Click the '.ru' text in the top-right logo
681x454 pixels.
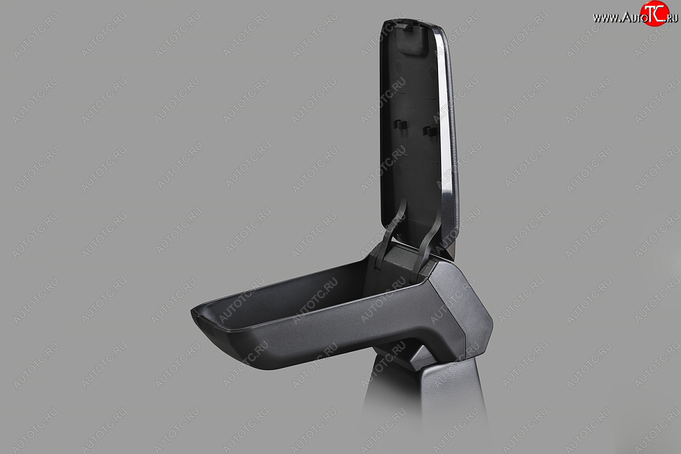point(672,18)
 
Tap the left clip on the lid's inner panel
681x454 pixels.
point(400,124)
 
